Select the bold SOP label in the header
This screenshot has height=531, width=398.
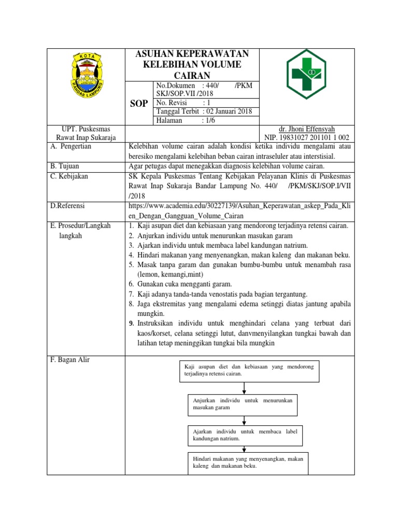(138, 104)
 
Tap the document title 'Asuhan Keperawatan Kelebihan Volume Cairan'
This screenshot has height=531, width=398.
(192, 64)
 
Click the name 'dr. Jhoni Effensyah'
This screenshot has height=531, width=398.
(307, 129)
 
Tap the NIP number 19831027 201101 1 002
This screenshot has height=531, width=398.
(307, 137)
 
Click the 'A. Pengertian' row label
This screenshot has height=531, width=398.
(72, 146)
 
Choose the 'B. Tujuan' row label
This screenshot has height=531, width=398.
(65, 166)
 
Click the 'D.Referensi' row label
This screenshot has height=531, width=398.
(68, 206)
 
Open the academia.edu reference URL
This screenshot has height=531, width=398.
(239, 211)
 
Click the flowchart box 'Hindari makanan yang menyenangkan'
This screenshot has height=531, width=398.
(247, 463)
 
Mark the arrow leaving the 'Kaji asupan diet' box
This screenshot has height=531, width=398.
(244, 388)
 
